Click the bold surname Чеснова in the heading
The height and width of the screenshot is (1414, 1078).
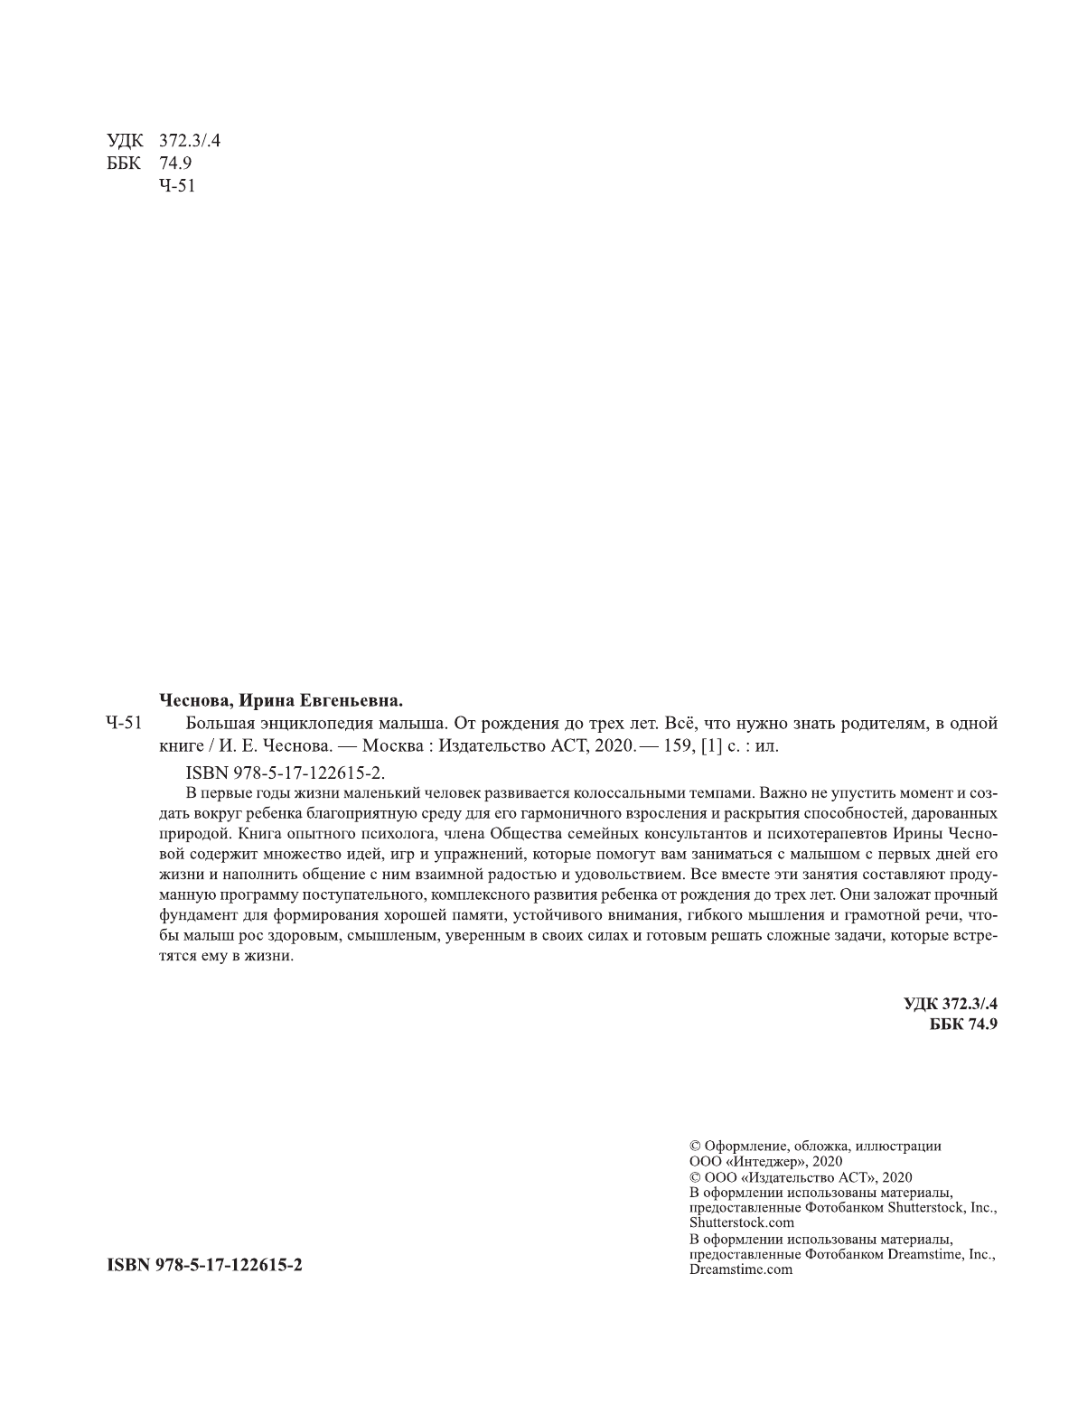tap(192, 700)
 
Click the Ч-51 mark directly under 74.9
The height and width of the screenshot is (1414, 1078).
tap(176, 186)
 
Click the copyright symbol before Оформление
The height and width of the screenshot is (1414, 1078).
tap(694, 1146)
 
